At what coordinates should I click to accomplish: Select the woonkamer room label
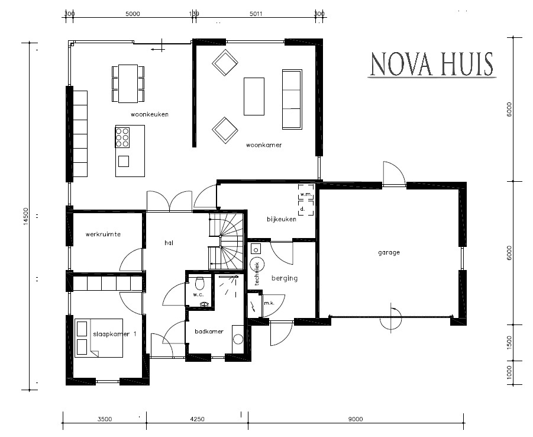(x=264, y=145)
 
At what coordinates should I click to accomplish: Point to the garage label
(x=389, y=252)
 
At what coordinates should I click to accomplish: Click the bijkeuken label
(x=281, y=219)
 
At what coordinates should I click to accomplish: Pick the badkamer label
(x=210, y=332)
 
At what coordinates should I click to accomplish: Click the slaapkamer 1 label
(x=114, y=334)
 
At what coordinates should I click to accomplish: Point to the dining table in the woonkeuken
(x=128, y=83)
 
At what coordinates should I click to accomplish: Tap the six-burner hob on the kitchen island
(x=122, y=137)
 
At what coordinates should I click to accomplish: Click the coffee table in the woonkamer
(x=254, y=96)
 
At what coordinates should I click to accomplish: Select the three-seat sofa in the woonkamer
(x=291, y=99)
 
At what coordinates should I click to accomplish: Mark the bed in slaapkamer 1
(x=99, y=338)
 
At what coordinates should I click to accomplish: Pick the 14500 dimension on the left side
(x=25, y=217)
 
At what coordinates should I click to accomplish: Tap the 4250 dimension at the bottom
(x=197, y=419)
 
